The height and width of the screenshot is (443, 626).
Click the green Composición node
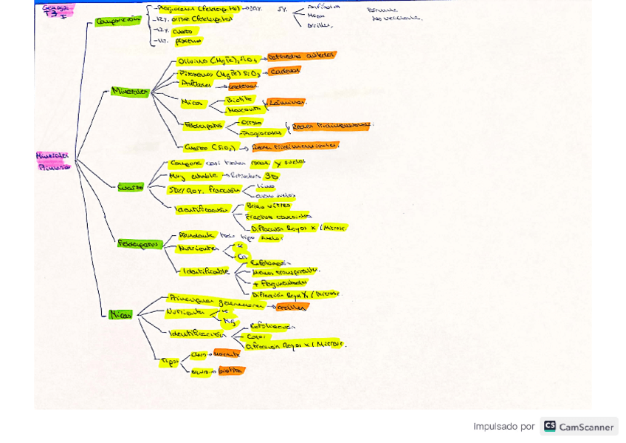pyautogui.click(x=118, y=21)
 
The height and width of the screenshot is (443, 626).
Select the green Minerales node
pyautogui.click(x=130, y=91)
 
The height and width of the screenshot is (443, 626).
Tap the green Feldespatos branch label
pyautogui.click(x=139, y=243)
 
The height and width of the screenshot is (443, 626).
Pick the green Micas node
pyautogui.click(x=120, y=314)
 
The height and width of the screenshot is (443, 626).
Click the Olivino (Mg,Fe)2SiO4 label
pyautogui.click(x=218, y=60)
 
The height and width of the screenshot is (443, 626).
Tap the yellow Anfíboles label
pyautogui.click(x=196, y=84)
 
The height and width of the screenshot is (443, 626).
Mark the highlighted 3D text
pyautogui.click(x=272, y=176)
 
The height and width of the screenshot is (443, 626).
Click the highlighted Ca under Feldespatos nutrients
pyautogui.click(x=241, y=257)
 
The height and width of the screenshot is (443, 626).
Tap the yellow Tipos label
pyautogui.click(x=170, y=361)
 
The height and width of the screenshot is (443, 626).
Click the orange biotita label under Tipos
pyautogui.click(x=230, y=371)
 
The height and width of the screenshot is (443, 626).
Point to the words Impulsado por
pyautogui.click(x=504, y=427)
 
